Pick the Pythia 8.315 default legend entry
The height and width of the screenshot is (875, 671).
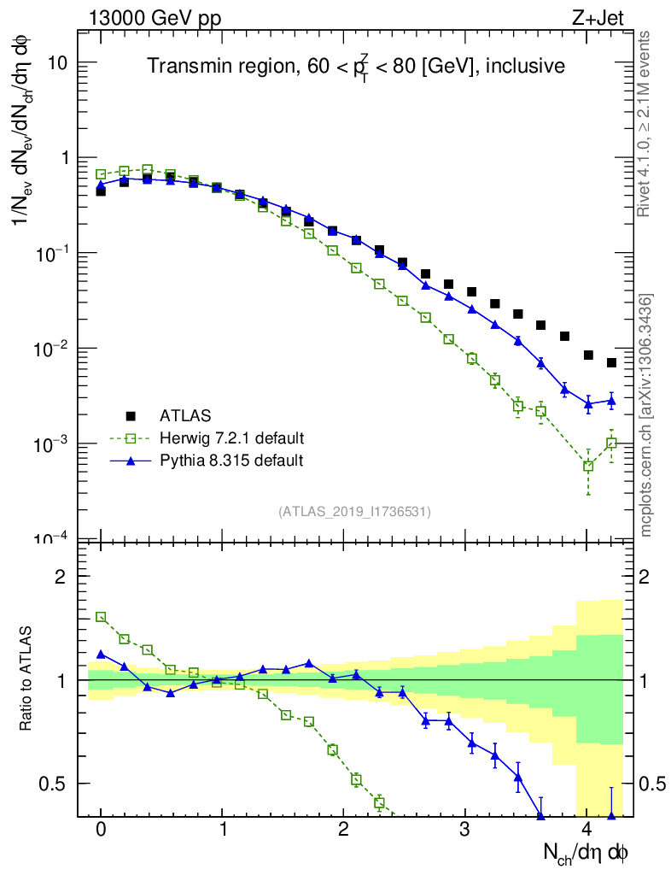click(x=231, y=461)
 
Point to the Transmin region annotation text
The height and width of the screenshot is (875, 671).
click(x=355, y=66)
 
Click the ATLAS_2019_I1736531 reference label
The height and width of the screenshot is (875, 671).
click(x=354, y=512)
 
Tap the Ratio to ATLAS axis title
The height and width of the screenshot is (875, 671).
click(x=28, y=679)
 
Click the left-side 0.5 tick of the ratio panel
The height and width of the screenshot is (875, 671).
click(x=55, y=783)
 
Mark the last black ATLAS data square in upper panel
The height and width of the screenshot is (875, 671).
click(x=611, y=363)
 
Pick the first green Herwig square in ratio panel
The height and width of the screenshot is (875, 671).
click(x=101, y=616)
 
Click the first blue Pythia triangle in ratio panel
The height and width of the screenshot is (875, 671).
click(x=101, y=655)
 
